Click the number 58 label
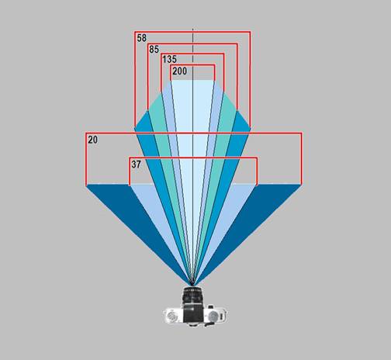142,38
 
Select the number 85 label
154,50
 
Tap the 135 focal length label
169,60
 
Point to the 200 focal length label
179,71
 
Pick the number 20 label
93,140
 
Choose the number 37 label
137,164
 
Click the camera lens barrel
192,296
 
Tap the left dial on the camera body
171,316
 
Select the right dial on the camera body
213,316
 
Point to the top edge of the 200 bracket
192,65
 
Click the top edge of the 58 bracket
192,32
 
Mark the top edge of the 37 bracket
193,157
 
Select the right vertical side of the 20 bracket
301,158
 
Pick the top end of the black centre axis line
192,29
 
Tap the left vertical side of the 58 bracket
135,80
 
